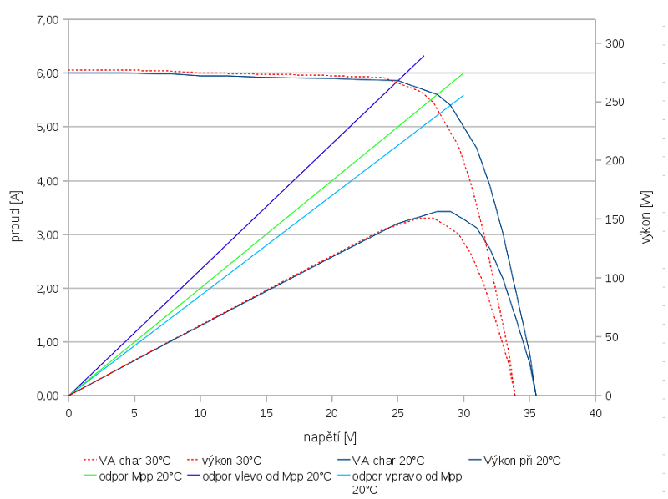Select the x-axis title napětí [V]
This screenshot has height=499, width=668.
[331, 437]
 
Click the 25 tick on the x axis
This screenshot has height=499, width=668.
[397, 412]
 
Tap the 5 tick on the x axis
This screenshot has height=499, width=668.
[134, 412]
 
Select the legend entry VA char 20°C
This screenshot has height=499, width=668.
[388, 461]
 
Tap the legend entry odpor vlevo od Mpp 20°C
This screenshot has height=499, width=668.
[267, 476]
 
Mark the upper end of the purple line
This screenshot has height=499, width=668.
[424, 56]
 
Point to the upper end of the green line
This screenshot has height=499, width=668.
[463, 73]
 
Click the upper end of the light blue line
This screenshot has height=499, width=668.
[463, 95]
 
